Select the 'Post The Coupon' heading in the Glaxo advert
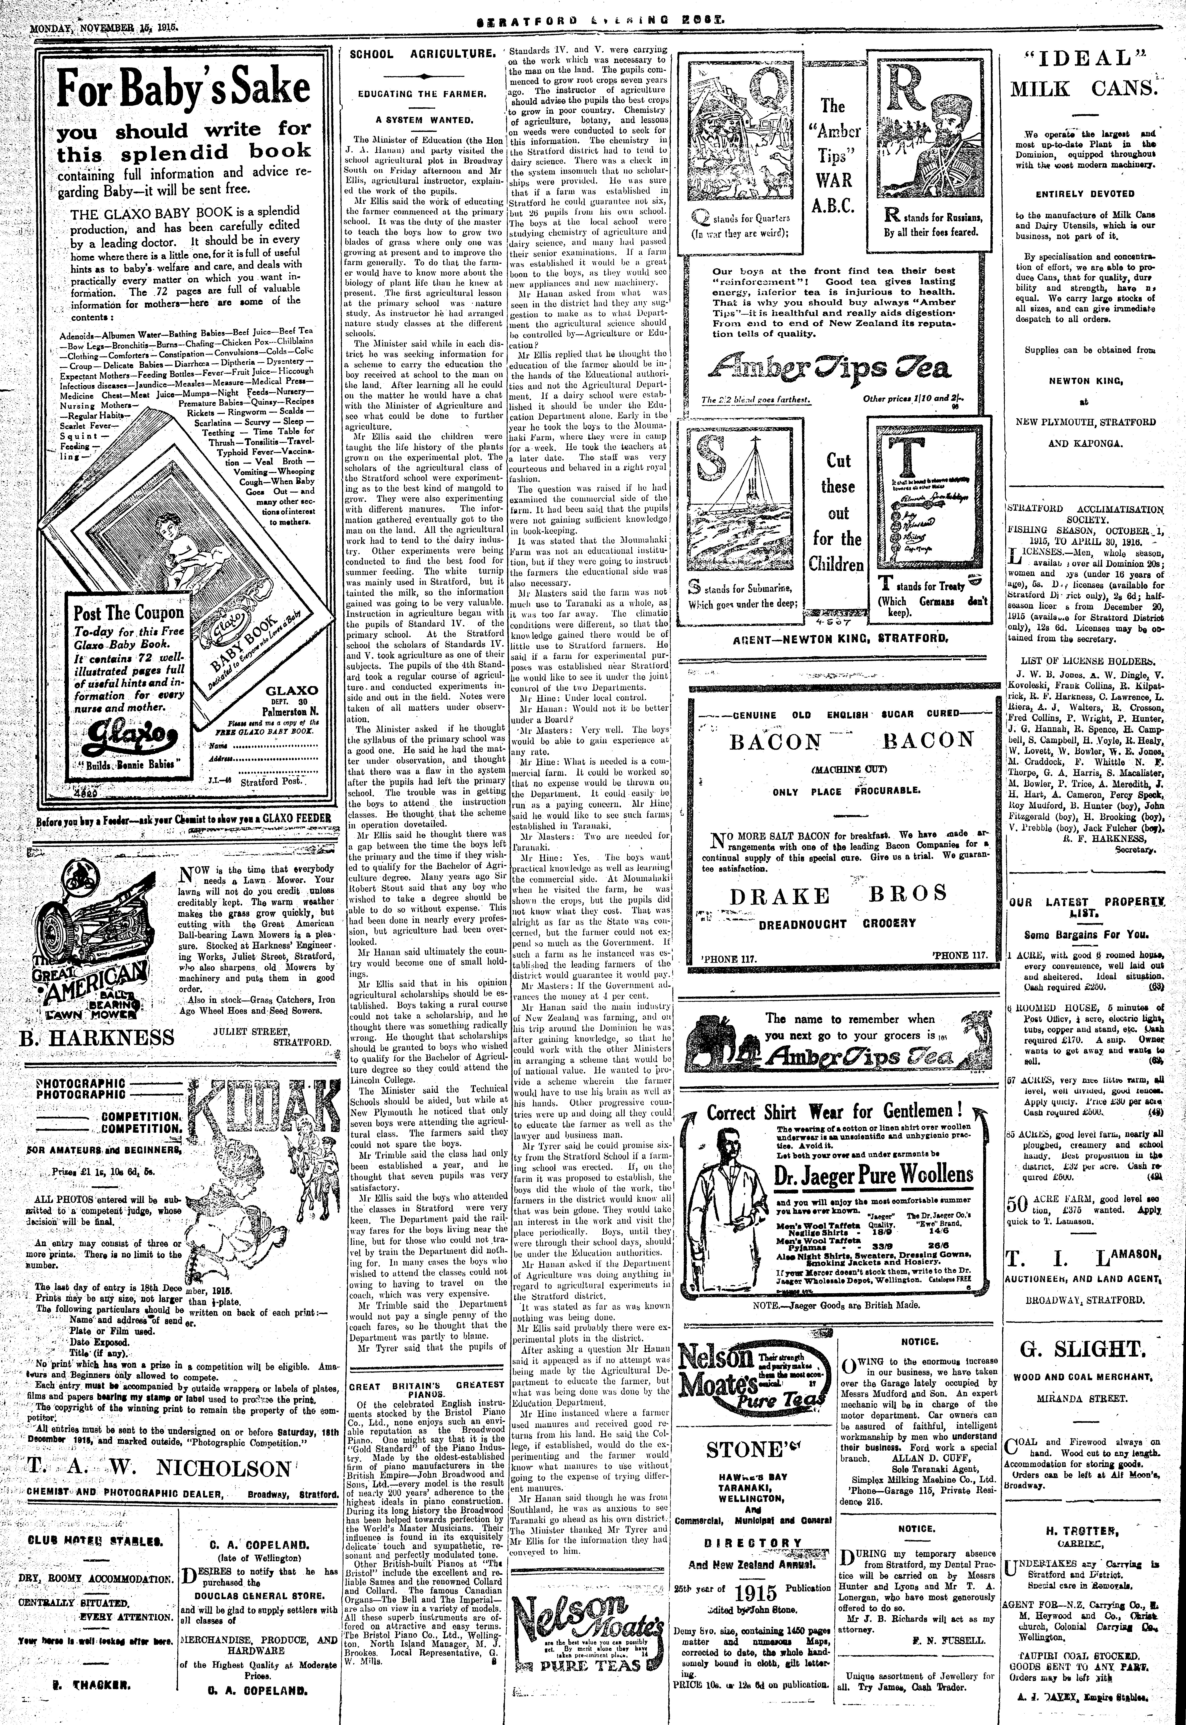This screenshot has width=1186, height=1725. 128,613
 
